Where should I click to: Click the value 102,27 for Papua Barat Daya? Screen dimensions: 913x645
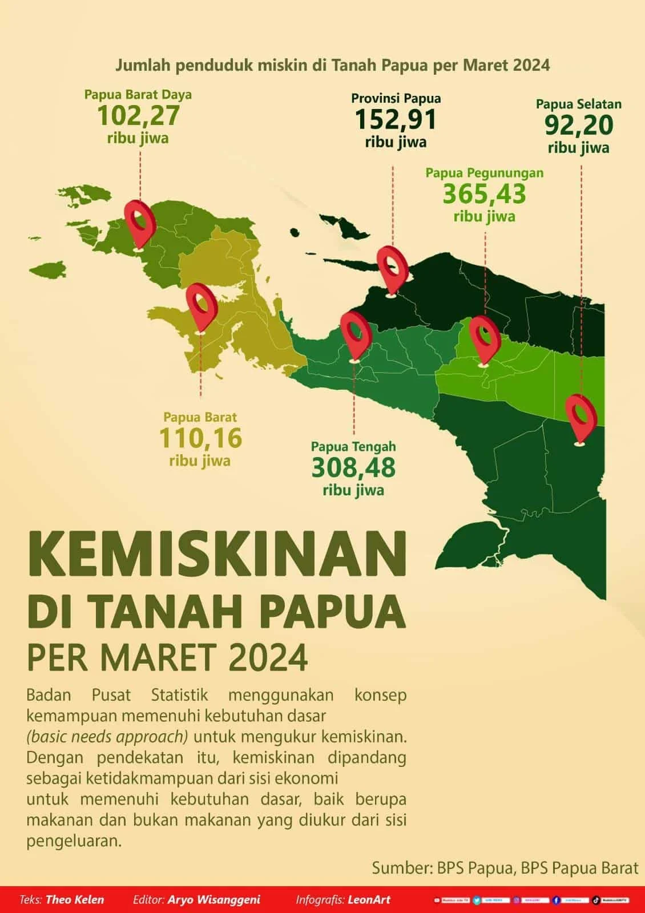click(138, 116)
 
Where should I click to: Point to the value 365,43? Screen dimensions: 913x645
click(484, 194)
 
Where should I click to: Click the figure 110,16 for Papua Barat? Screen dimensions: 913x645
click(200, 438)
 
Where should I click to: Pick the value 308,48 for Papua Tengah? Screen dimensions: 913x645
click(353, 468)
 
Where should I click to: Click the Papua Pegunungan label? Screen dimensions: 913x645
click(484, 172)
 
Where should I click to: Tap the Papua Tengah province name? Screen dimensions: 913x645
click(353, 446)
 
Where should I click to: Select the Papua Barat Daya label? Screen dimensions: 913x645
click(138, 95)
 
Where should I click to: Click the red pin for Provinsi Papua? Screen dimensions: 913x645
click(392, 268)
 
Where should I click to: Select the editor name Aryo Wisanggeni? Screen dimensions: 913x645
click(213, 900)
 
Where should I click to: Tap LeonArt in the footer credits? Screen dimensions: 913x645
click(370, 900)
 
